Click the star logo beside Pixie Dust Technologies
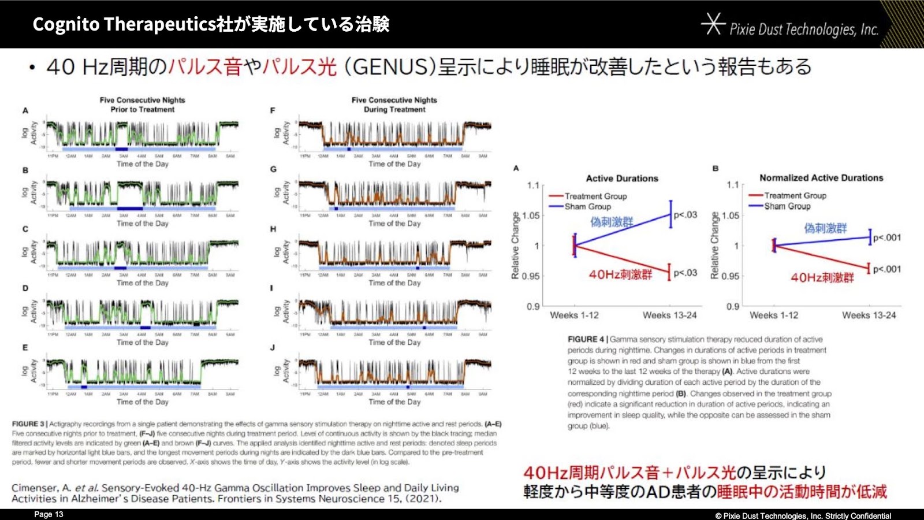coord(713,24)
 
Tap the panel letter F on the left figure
coord(273,110)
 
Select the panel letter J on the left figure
coord(273,347)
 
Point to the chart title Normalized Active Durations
coord(821,178)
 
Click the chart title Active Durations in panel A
coord(622,179)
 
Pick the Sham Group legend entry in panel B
coord(787,206)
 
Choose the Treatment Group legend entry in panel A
coord(595,196)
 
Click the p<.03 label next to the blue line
coord(685,215)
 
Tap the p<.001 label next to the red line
coord(886,269)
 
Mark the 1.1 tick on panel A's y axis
coord(532,185)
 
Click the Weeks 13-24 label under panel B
coord(869,315)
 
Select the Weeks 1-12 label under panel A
coord(574,315)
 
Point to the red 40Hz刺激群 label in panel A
coord(620,274)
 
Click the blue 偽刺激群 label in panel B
coord(825,228)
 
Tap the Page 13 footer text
coord(49,514)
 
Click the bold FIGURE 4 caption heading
coord(586,340)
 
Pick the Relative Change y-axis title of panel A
coord(515,246)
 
